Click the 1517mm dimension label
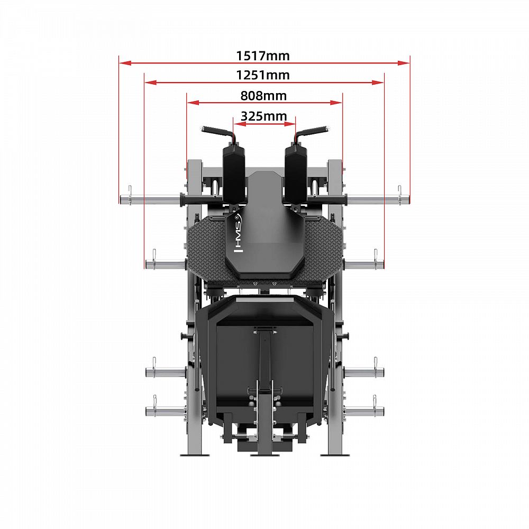[x=262, y=56]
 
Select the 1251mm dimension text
[x=262, y=75]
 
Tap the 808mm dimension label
[x=263, y=95]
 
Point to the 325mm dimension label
[x=264, y=116]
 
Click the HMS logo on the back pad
[x=238, y=233]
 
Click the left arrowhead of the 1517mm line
[x=125, y=63]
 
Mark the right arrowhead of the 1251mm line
[x=378, y=83]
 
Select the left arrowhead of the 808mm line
[x=193, y=103]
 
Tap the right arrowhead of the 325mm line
[x=290, y=124]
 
